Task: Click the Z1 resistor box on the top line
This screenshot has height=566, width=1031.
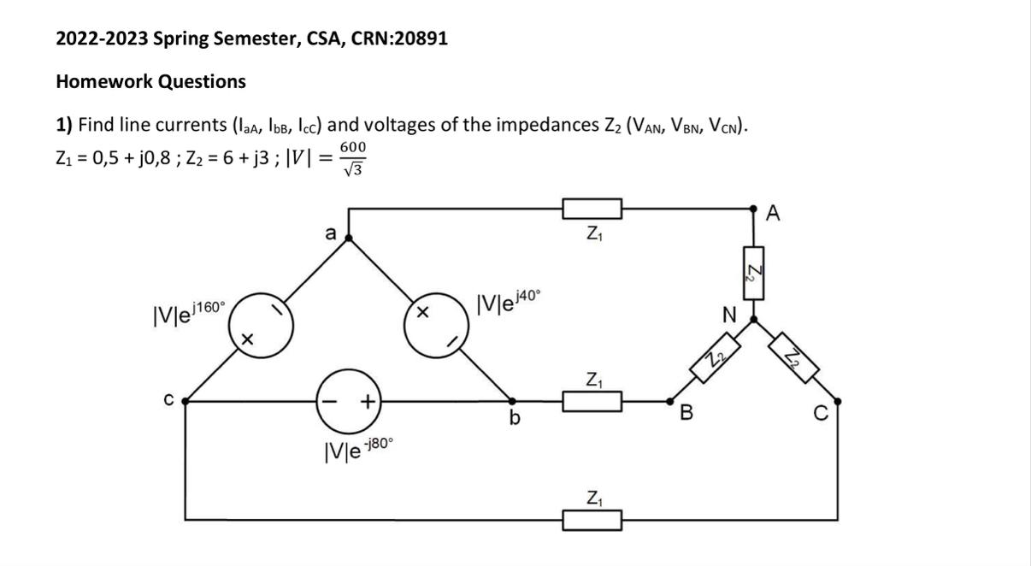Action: [591, 208]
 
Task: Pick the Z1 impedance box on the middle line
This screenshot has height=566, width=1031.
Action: [591, 399]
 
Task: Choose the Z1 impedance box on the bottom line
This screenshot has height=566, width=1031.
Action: [591, 518]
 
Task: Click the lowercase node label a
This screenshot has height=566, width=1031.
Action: [329, 230]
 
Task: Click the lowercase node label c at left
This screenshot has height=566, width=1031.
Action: [169, 398]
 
